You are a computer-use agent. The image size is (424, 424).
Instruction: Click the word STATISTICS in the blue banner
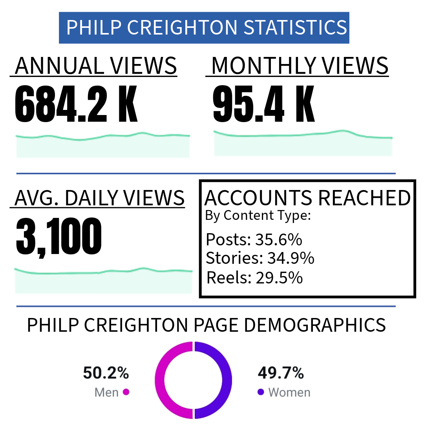click(x=295, y=27)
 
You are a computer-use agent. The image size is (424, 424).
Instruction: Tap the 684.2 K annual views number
click(x=76, y=103)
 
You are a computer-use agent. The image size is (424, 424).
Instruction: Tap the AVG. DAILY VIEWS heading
click(x=99, y=197)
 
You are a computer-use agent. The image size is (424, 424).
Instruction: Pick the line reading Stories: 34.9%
click(x=260, y=258)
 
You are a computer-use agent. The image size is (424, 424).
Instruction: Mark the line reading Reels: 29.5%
click(x=254, y=278)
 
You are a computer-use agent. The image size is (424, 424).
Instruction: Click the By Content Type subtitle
click(x=258, y=215)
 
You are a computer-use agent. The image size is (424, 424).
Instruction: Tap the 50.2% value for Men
click(x=106, y=373)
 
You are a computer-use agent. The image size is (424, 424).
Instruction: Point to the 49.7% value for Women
click(x=281, y=373)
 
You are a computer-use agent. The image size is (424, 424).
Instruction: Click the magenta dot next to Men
click(x=126, y=392)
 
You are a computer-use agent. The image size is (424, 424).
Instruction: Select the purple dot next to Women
click(x=261, y=392)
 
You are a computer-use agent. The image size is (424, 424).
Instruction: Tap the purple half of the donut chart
click(x=227, y=380)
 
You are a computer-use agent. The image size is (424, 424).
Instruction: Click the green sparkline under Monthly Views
click(x=302, y=135)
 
